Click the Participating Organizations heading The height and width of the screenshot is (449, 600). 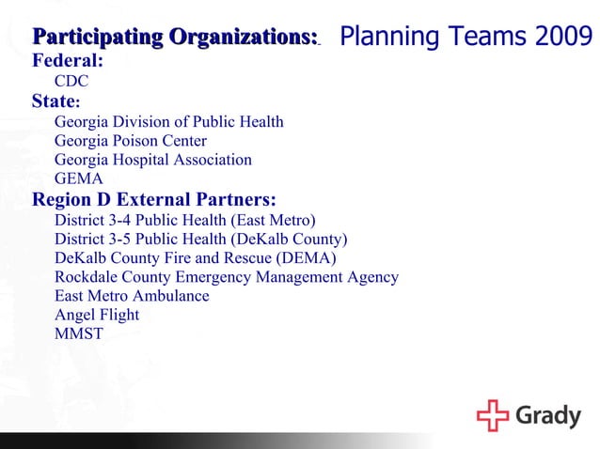175,38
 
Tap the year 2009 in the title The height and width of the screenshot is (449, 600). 563,38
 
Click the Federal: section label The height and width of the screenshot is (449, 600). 68,61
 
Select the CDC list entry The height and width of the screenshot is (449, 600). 71,83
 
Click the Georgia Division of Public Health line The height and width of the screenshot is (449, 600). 168,122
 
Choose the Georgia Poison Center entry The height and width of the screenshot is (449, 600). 130,141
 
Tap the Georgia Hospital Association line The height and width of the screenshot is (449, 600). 152,160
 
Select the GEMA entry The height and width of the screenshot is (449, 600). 79,178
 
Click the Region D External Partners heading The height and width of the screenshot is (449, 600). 154,199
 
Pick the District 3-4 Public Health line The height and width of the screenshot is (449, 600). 184,220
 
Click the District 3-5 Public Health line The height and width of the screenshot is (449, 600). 200,239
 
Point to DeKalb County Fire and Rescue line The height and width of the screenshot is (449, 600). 195,257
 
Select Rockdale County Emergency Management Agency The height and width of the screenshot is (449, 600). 226,277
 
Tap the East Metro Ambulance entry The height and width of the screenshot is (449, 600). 132,296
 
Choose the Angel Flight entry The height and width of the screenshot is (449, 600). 97,315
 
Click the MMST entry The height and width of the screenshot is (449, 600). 79,333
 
